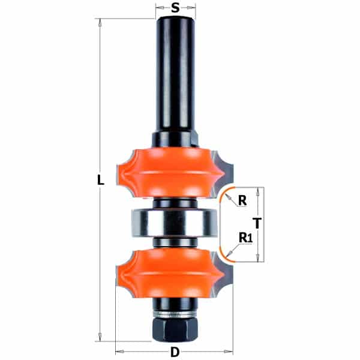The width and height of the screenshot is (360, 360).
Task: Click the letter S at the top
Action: point(175,8)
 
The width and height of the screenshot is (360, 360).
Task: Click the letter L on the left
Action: point(100,180)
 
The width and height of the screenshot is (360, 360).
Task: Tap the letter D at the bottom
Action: point(175,352)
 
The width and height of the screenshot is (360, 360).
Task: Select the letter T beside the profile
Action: point(257,223)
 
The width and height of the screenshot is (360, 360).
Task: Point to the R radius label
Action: point(242,200)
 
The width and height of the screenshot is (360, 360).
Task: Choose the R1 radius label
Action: point(245,238)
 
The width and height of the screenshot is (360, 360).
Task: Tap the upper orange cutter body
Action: point(170,173)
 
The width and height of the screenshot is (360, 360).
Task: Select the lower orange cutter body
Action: point(170,274)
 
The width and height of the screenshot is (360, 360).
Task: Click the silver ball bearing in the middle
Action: point(174,223)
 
